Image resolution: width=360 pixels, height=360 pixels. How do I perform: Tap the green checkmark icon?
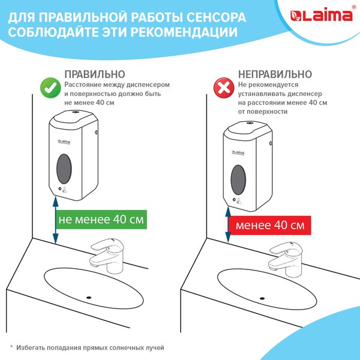click(x=50, y=88)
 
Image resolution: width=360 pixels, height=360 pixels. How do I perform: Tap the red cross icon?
click(x=224, y=88)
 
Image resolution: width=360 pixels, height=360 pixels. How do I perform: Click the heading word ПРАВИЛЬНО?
click(x=95, y=74)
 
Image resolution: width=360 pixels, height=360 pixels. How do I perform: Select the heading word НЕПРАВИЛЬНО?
click(x=274, y=74)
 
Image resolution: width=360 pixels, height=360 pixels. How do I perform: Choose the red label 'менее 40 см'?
click(x=269, y=226)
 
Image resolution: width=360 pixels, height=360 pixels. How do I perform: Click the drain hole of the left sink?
click(x=88, y=296)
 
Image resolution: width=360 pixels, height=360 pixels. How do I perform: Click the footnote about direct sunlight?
click(x=89, y=347)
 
